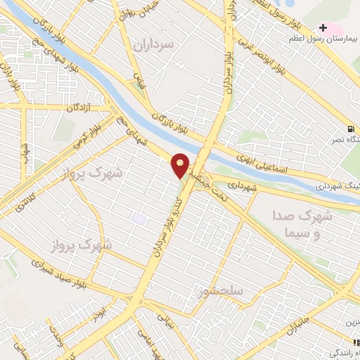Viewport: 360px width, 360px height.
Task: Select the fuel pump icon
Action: [x=350, y=129]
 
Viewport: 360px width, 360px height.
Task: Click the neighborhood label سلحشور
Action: [x=221, y=290]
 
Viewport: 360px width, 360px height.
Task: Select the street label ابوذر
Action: [x=103, y=309]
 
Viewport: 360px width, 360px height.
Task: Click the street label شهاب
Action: [x=26, y=151]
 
